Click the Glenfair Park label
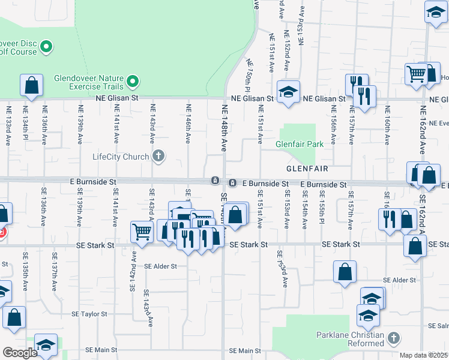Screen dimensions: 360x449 click(299, 144)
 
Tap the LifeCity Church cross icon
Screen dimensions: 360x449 click(159, 157)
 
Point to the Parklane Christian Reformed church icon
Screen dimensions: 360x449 click(394, 338)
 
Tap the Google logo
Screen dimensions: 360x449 click(20, 353)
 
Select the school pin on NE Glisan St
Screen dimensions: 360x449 click(289, 92)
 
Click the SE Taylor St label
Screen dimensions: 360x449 click(89, 314)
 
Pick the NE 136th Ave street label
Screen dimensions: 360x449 click(44, 125)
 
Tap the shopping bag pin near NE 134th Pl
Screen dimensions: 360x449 click(31, 86)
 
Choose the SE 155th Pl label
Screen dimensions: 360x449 click(322, 209)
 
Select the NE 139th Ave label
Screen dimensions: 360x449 click(80, 125)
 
